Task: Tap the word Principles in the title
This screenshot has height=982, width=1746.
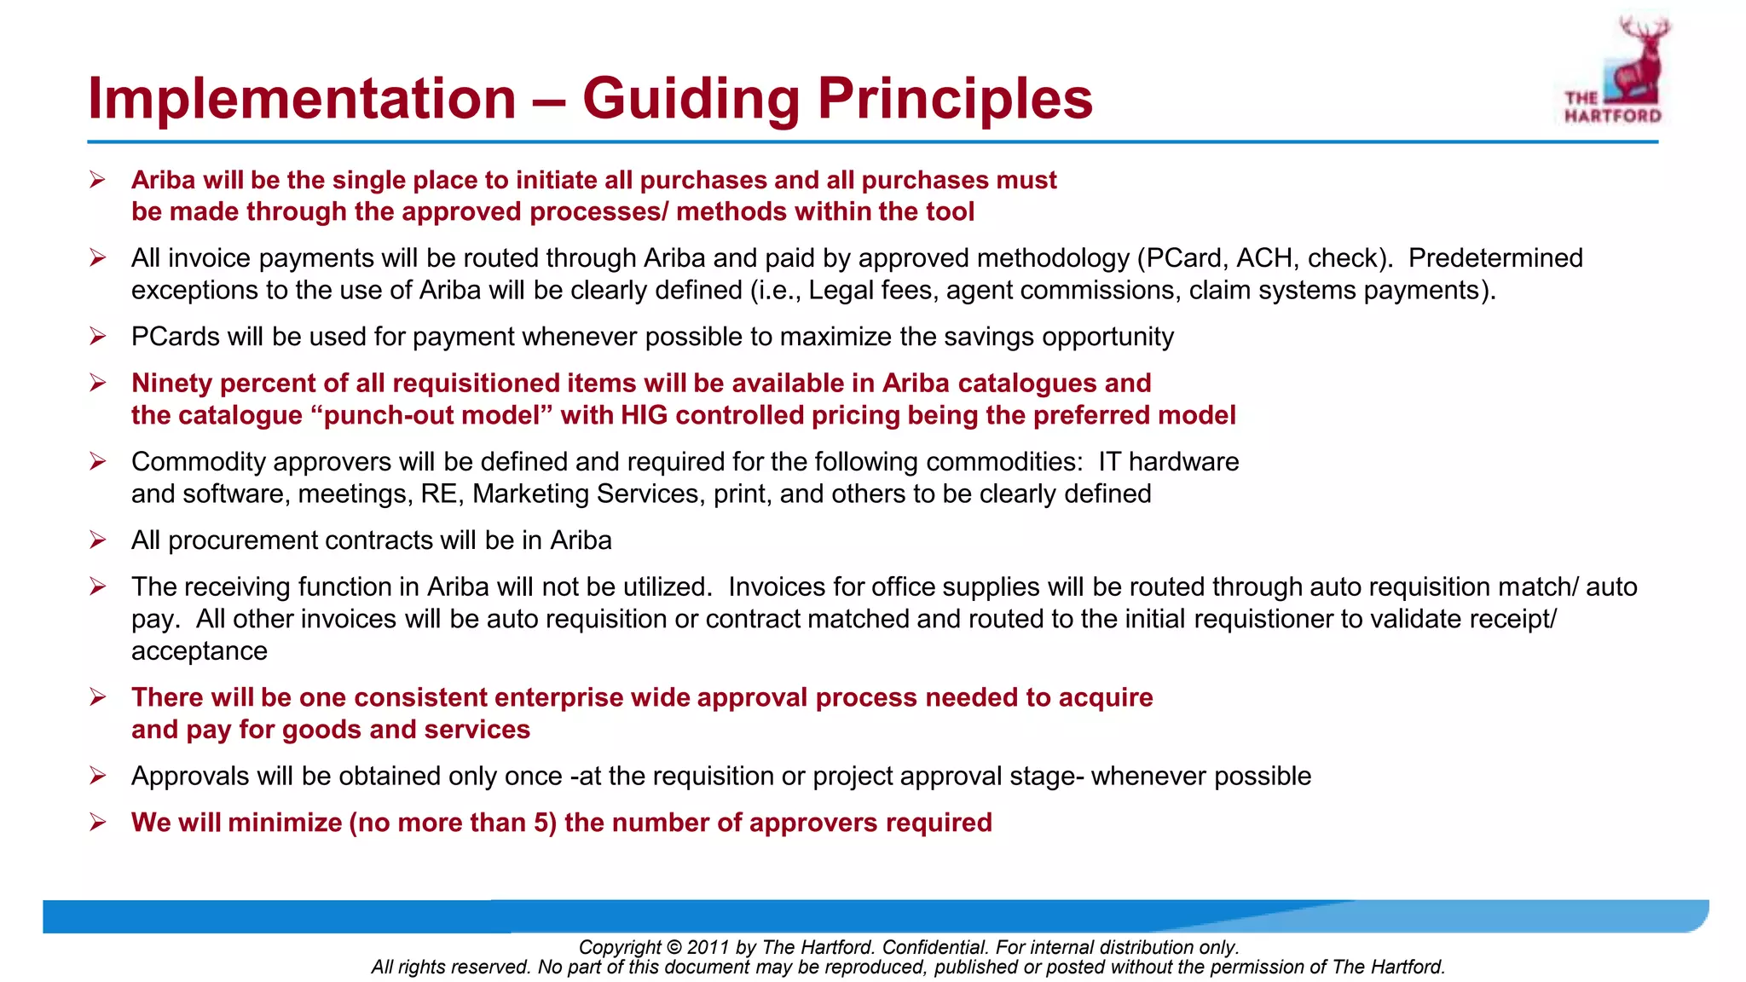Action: (x=955, y=99)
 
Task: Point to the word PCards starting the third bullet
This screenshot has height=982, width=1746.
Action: (x=176, y=337)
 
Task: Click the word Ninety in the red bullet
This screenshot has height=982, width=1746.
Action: (x=172, y=384)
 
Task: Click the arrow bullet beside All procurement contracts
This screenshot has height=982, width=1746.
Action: (x=98, y=540)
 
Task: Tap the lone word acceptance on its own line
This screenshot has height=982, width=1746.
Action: (x=199, y=651)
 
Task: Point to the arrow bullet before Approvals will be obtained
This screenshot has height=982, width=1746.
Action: (x=98, y=776)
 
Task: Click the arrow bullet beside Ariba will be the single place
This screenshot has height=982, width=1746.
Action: (x=98, y=180)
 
